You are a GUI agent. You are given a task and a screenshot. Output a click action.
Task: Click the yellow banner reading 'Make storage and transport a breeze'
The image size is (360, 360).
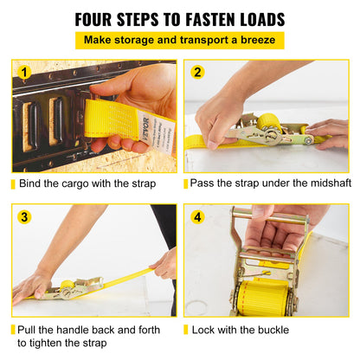[x=180, y=41]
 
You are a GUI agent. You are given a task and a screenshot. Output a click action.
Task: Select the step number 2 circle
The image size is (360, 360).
[x=197, y=73]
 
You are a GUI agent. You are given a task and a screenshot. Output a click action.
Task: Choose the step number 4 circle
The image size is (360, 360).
[x=197, y=217]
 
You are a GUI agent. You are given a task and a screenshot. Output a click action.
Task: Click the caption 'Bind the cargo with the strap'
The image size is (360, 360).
[x=87, y=183]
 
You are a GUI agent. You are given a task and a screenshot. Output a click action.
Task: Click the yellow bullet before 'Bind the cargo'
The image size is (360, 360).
[x=13, y=183]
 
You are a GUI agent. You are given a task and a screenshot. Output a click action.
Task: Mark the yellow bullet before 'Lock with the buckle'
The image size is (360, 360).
[x=186, y=331]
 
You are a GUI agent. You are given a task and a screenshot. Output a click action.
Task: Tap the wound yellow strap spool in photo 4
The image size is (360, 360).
[x=265, y=294]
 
